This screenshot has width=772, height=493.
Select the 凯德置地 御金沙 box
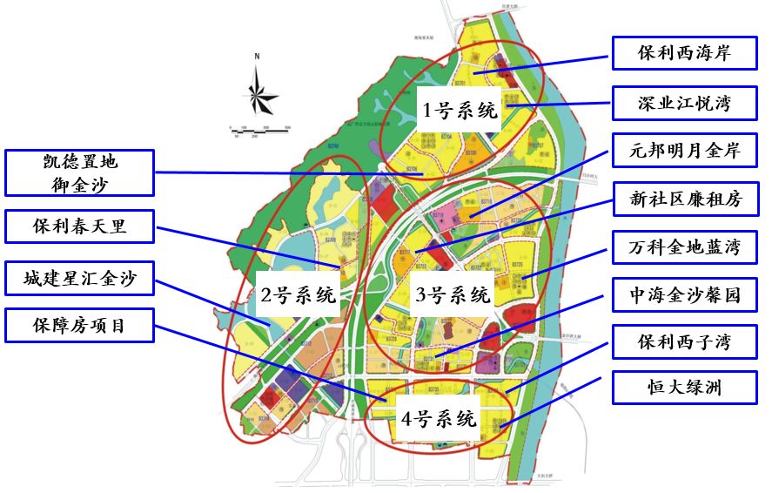pyautogui.click(x=79, y=172)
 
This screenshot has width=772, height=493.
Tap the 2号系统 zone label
pyautogui.click(x=299, y=294)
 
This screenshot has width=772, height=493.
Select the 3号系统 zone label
pyautogui.click(x=453, y=294)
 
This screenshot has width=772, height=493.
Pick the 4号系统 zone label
pyautogui.click(x=440, y=418)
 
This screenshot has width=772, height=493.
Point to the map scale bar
pyautogui.click(x=260, y=130)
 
